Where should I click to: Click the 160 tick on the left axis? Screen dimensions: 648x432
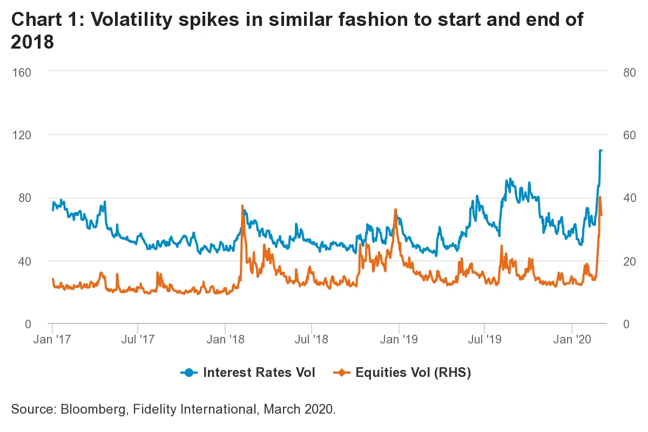point(22,72)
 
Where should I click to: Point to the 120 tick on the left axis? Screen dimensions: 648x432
point(22,135)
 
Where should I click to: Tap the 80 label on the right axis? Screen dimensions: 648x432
point(630,72)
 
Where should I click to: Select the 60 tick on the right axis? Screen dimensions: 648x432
point(630,135)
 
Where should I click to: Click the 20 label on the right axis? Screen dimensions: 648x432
point(630,261)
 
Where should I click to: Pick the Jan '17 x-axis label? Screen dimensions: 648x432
point(52,340)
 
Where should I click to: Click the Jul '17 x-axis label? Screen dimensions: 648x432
point(138,340)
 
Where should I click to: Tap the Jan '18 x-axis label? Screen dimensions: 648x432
point(226,340)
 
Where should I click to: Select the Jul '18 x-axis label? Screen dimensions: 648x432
point(311,340)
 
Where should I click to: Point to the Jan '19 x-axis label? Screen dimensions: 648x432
point(399,340)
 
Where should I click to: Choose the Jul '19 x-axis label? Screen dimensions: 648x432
point(484,340)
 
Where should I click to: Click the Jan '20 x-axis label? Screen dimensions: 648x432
point(572,340)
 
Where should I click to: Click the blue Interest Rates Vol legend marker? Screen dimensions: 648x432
point(189,373)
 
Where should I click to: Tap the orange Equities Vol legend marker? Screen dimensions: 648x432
point(342,373)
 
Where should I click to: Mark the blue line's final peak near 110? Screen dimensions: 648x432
point(600,150)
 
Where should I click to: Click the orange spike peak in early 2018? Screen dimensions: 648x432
point(242,205)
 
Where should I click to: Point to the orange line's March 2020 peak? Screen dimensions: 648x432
point(600,197)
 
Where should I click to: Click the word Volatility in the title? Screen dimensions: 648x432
point(132,19)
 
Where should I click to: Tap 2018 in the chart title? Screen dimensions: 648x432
point(32,42)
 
